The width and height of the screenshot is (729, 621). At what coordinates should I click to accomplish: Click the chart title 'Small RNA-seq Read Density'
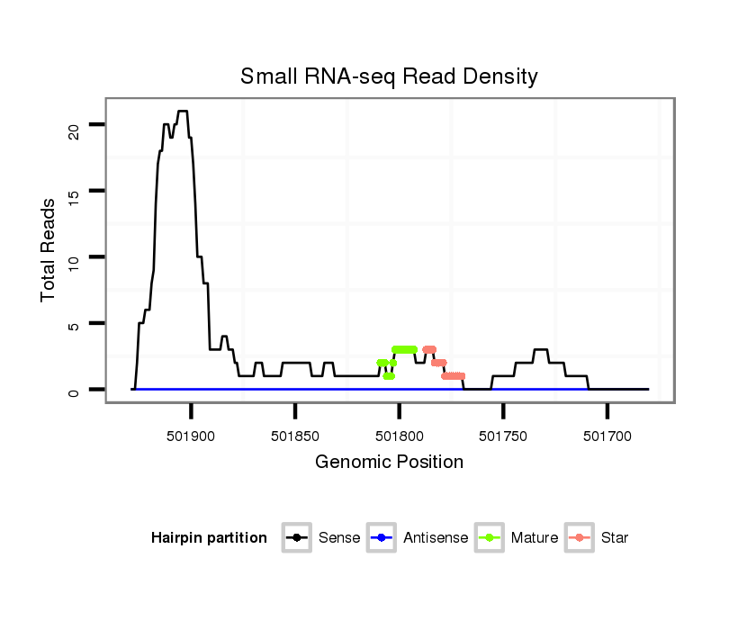(x=389, y=76)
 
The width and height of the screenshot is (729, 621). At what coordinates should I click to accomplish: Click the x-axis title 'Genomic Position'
(x=389, y=463)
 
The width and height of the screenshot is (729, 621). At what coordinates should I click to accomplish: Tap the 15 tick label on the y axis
(x=75, y=191)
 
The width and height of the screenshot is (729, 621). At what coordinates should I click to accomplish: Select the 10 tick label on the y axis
(x=75, y=257)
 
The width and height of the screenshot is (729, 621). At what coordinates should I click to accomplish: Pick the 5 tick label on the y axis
(x=75, y=324)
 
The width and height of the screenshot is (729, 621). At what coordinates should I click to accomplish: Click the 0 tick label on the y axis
(x=75, y=390)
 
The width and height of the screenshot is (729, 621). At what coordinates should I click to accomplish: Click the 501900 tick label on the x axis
(x=192, y=435)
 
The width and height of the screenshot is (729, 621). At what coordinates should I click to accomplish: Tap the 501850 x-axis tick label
(x=295, y=435)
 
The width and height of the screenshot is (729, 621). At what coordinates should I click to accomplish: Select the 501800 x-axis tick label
(x=400, y=435)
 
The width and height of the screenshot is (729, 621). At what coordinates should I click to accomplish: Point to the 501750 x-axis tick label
(x=503, y=435)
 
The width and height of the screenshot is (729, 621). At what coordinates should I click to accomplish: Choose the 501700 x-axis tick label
(x=607, y=435)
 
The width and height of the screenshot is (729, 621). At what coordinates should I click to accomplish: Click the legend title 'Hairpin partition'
(x=209, y=538)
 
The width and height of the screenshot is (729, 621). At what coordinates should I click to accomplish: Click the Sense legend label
(x=339, y=538)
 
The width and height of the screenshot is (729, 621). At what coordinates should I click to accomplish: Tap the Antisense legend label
(x=436, y=538)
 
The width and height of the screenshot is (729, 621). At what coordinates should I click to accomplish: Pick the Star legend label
(x=616, y=538)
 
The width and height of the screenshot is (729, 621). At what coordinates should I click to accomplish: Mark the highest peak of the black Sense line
(x=182, y=112)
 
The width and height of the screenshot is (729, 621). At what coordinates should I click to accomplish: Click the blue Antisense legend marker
(x=384, y=538)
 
